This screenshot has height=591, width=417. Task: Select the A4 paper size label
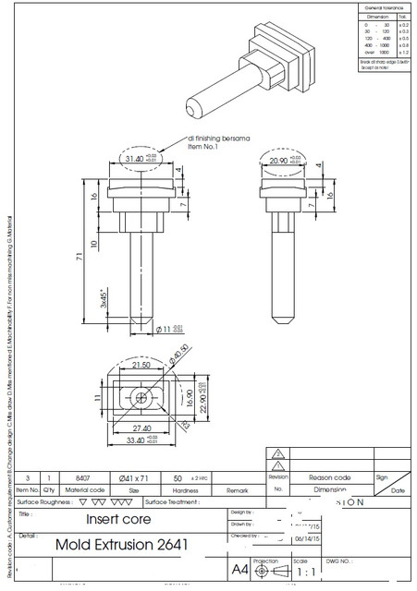tap(239, 571)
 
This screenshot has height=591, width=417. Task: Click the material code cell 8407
tap(82, 478)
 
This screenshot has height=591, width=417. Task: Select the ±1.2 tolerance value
tap(402, 53)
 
